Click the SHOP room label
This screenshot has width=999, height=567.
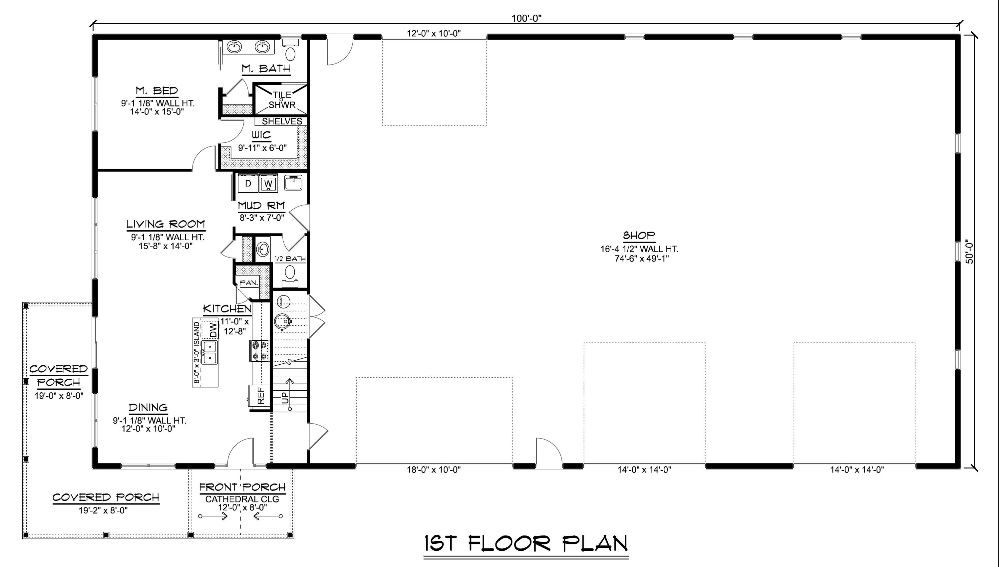[x=639, y=236]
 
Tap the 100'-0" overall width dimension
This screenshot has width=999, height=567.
[x=526, y=18]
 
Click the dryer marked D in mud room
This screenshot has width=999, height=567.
[x=248, y=183]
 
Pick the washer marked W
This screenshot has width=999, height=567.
[x=268, y=183]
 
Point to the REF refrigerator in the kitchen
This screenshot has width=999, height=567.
[x=261, y=395]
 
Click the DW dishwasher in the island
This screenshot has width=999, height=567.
[x=213, y=330]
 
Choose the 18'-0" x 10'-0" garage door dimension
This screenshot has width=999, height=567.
[x=434, y=470]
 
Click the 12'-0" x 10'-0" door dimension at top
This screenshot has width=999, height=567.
[x=434, y=34]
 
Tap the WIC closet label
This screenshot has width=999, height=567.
[x=261, y=135]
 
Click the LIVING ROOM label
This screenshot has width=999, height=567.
[x=166, y=224]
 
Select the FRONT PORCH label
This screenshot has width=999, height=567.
[x=242, y=487]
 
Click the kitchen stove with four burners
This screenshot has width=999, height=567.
[x=259, y=350]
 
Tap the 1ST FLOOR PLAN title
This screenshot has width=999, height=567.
[x=526, y=543]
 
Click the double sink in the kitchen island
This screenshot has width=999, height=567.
[x=209, y=352]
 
